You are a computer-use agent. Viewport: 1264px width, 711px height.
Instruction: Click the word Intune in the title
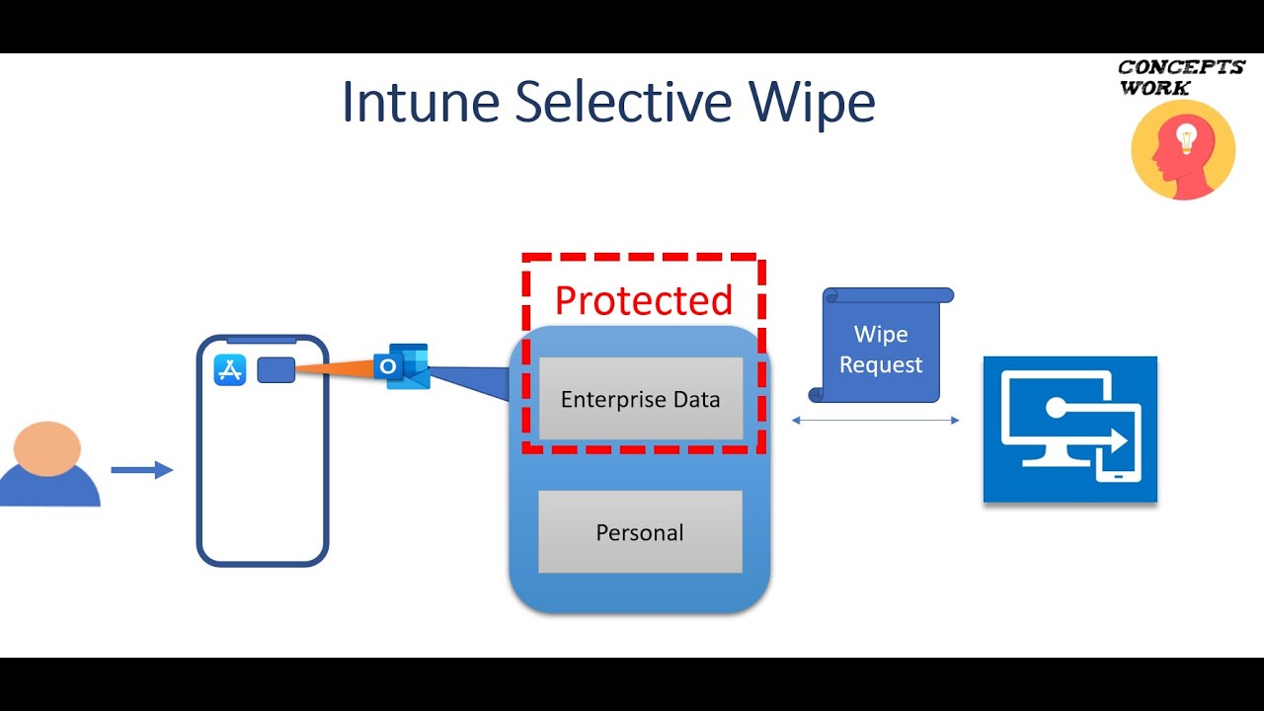point(421,102)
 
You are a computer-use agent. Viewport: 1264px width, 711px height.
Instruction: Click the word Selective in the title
point(623,102)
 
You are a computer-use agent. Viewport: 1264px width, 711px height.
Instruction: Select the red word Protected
point(644,300)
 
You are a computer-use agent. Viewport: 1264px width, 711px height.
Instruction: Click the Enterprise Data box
point(641,398)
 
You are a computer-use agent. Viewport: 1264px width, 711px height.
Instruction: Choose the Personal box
point(641,531)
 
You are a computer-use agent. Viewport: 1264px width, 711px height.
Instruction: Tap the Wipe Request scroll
point(881,345)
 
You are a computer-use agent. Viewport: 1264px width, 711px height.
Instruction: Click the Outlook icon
point(402,366)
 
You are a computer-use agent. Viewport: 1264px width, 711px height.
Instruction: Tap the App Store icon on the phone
point(230,370)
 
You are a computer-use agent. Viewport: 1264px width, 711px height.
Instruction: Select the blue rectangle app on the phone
point(276,370)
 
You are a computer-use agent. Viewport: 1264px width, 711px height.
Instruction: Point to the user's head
point(46,448)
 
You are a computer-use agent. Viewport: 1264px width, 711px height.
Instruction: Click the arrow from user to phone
point(141,469)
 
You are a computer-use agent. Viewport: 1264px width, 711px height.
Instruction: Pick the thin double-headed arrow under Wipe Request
point(875,420)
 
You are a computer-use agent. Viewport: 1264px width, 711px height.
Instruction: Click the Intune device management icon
point(1070,430)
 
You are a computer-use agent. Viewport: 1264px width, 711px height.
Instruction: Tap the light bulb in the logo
point(1186,137)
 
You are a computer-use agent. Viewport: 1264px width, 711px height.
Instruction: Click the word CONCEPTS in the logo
point(1182,67)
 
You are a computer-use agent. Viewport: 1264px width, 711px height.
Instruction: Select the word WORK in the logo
point(1154,88)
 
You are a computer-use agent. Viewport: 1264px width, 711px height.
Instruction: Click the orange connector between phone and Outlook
point(335,368)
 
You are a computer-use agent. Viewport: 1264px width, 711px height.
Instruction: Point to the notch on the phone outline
point(262,341)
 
